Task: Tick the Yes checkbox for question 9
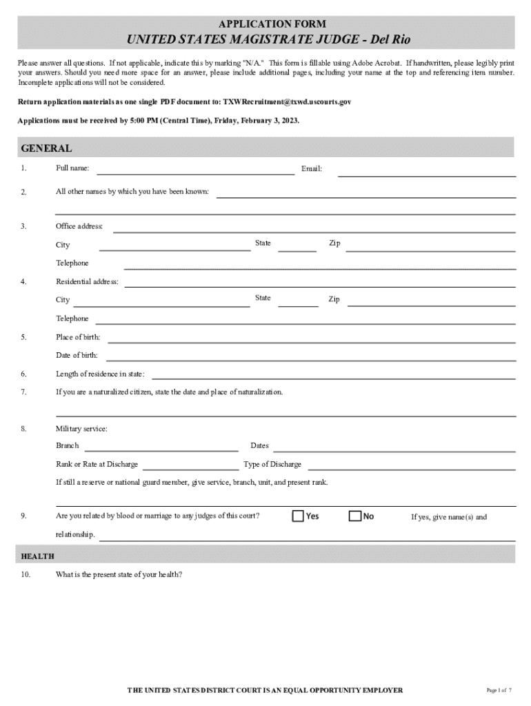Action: point(298,516)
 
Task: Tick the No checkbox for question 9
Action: point(354,516)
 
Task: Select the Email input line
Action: point(426,172)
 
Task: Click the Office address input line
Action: point(314,228)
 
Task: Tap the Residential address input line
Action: point(319,283)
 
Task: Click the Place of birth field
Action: point(311,339)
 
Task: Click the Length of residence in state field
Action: point(333,375)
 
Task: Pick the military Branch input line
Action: point(161,447)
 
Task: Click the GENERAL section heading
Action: point(46,148)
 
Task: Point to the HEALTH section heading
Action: point(38,556)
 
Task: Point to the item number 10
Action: point(26,574)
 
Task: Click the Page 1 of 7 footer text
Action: point(499,690)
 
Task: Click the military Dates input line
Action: point(394,447)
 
